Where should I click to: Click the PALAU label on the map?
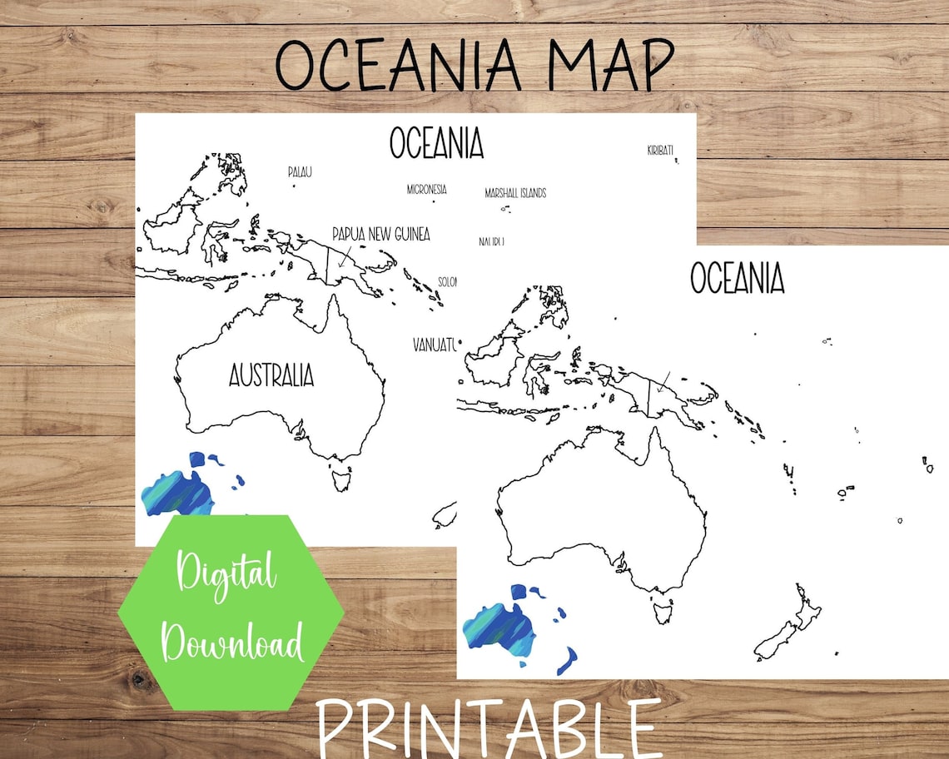pyautogui.click(x=300, y=172)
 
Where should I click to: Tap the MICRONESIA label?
pyautogui.click(x=426, y=190)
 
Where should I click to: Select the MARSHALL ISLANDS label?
pyautogui.click(x=515, y=193)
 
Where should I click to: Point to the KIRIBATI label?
pyautogui.click(x=659, y=151)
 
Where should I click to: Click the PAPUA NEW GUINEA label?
pyautogui.click(x=380, y=235)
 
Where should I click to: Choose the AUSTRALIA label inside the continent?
pyautogui.click(x=271, y=375)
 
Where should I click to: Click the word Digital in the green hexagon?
pyautogui.click(x=226, y=575)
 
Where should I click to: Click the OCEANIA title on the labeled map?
pyautogui.click(x=436, y=143)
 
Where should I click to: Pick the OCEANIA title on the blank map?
pyautogui.click(x=737, y=278)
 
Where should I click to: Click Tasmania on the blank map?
pyautogui.click(x=663, y=610)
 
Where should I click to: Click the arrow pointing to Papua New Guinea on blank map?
pyautogui.click(x=663, y=384)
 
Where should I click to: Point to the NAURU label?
pyautogui.click(x=491, y=241)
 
